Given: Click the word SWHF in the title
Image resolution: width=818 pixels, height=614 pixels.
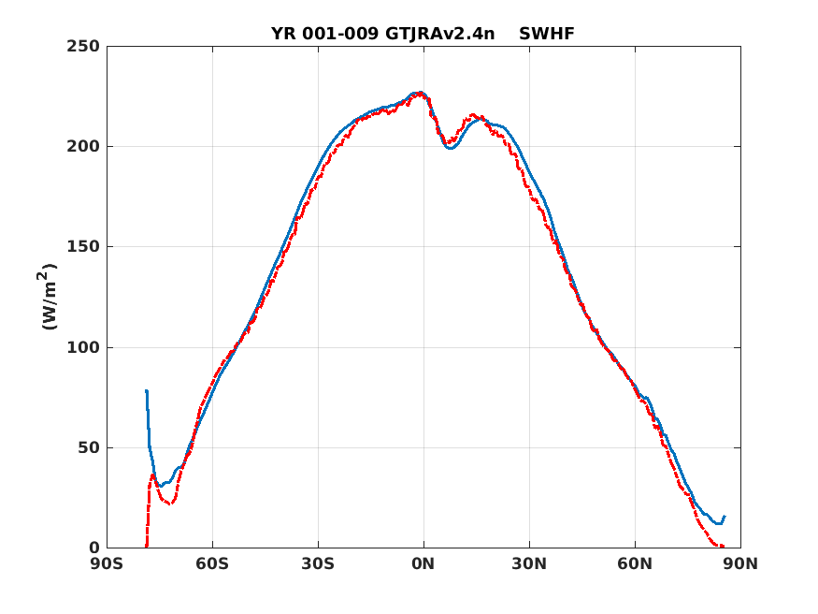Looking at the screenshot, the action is click(x=547, y=34).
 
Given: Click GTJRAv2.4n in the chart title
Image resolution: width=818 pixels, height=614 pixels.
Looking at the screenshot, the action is click(x=439, y=34).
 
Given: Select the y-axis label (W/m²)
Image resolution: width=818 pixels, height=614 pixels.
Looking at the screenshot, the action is click(x=48, y=297).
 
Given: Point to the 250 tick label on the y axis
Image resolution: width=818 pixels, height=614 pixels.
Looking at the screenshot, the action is click(x=83, y=47).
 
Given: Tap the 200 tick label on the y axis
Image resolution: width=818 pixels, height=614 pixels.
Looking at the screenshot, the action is click(x=83, y=147).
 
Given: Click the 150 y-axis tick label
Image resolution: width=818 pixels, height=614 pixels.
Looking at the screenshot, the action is click(x=83, y=247).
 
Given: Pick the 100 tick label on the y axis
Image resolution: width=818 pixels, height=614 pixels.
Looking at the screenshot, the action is click(x=83, y=348).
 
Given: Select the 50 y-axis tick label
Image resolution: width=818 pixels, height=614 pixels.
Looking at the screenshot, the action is click(x=89, y=448).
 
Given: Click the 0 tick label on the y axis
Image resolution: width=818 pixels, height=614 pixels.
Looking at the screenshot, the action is click(x=94, y=548).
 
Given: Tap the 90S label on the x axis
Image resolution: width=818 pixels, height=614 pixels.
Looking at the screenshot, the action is click(x=107, y=564).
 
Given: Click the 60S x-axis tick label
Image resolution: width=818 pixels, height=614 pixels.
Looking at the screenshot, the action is click(x=212, y=564).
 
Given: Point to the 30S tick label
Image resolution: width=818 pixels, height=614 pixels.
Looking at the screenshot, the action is click(x=318, y=564).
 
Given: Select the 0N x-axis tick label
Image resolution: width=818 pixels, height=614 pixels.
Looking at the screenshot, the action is click(x=423, y=564).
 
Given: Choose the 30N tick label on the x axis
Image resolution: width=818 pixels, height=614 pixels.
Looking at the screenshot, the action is click(x=529, y=564).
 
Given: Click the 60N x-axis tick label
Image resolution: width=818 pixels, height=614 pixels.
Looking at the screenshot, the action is click(x=636, y=564).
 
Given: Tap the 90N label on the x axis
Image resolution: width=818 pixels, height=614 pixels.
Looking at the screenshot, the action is click(x=740, y=564).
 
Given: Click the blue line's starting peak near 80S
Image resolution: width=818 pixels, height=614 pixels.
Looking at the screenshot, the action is click(x=147, y=390).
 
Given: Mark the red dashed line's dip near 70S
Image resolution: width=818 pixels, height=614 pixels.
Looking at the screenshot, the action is click(x=170, y=504).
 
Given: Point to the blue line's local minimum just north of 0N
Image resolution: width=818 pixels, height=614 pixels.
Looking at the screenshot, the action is click(x=451, y=148).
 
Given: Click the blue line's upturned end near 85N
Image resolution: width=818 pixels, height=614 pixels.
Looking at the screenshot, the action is click(x=725, y=517).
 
